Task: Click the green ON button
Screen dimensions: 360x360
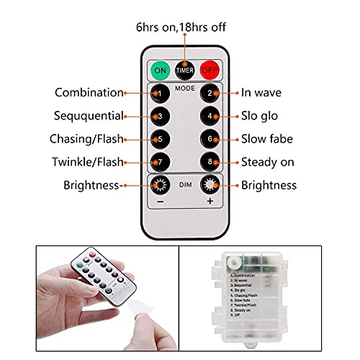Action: pyautogui.click(x=161, y=70)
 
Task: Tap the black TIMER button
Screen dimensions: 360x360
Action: pyautogui.click(x=185, y=70)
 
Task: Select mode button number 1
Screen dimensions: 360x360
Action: pyautogui.click(x=161, y=93)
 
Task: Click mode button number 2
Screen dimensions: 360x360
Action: pyautogui.click(x=210, y=93)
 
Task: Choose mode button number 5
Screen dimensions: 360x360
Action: pyautogui.click(x=161, y=139)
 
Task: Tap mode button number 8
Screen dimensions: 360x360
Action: pyautogui.click(x=210, y=162)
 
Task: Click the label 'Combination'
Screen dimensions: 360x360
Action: pyautogui.click(x=89, y=93)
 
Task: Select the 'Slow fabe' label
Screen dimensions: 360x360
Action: pyautogui.click(x=267, y=139)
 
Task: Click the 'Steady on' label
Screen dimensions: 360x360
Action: pyautogui.click(x=269, y=162)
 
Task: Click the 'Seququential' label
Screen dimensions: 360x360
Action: pyautogui.click(x=89, y=116)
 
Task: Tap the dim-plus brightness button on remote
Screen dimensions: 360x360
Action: pyautogui.click(x=210, y=185)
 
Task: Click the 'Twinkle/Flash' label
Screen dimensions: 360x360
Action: pyautogui.click(x=88, y=162)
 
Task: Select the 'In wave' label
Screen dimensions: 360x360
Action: pyautogui.click(x=261, y=93)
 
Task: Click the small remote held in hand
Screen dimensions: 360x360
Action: pyautogui.click(x=104, y=278)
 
